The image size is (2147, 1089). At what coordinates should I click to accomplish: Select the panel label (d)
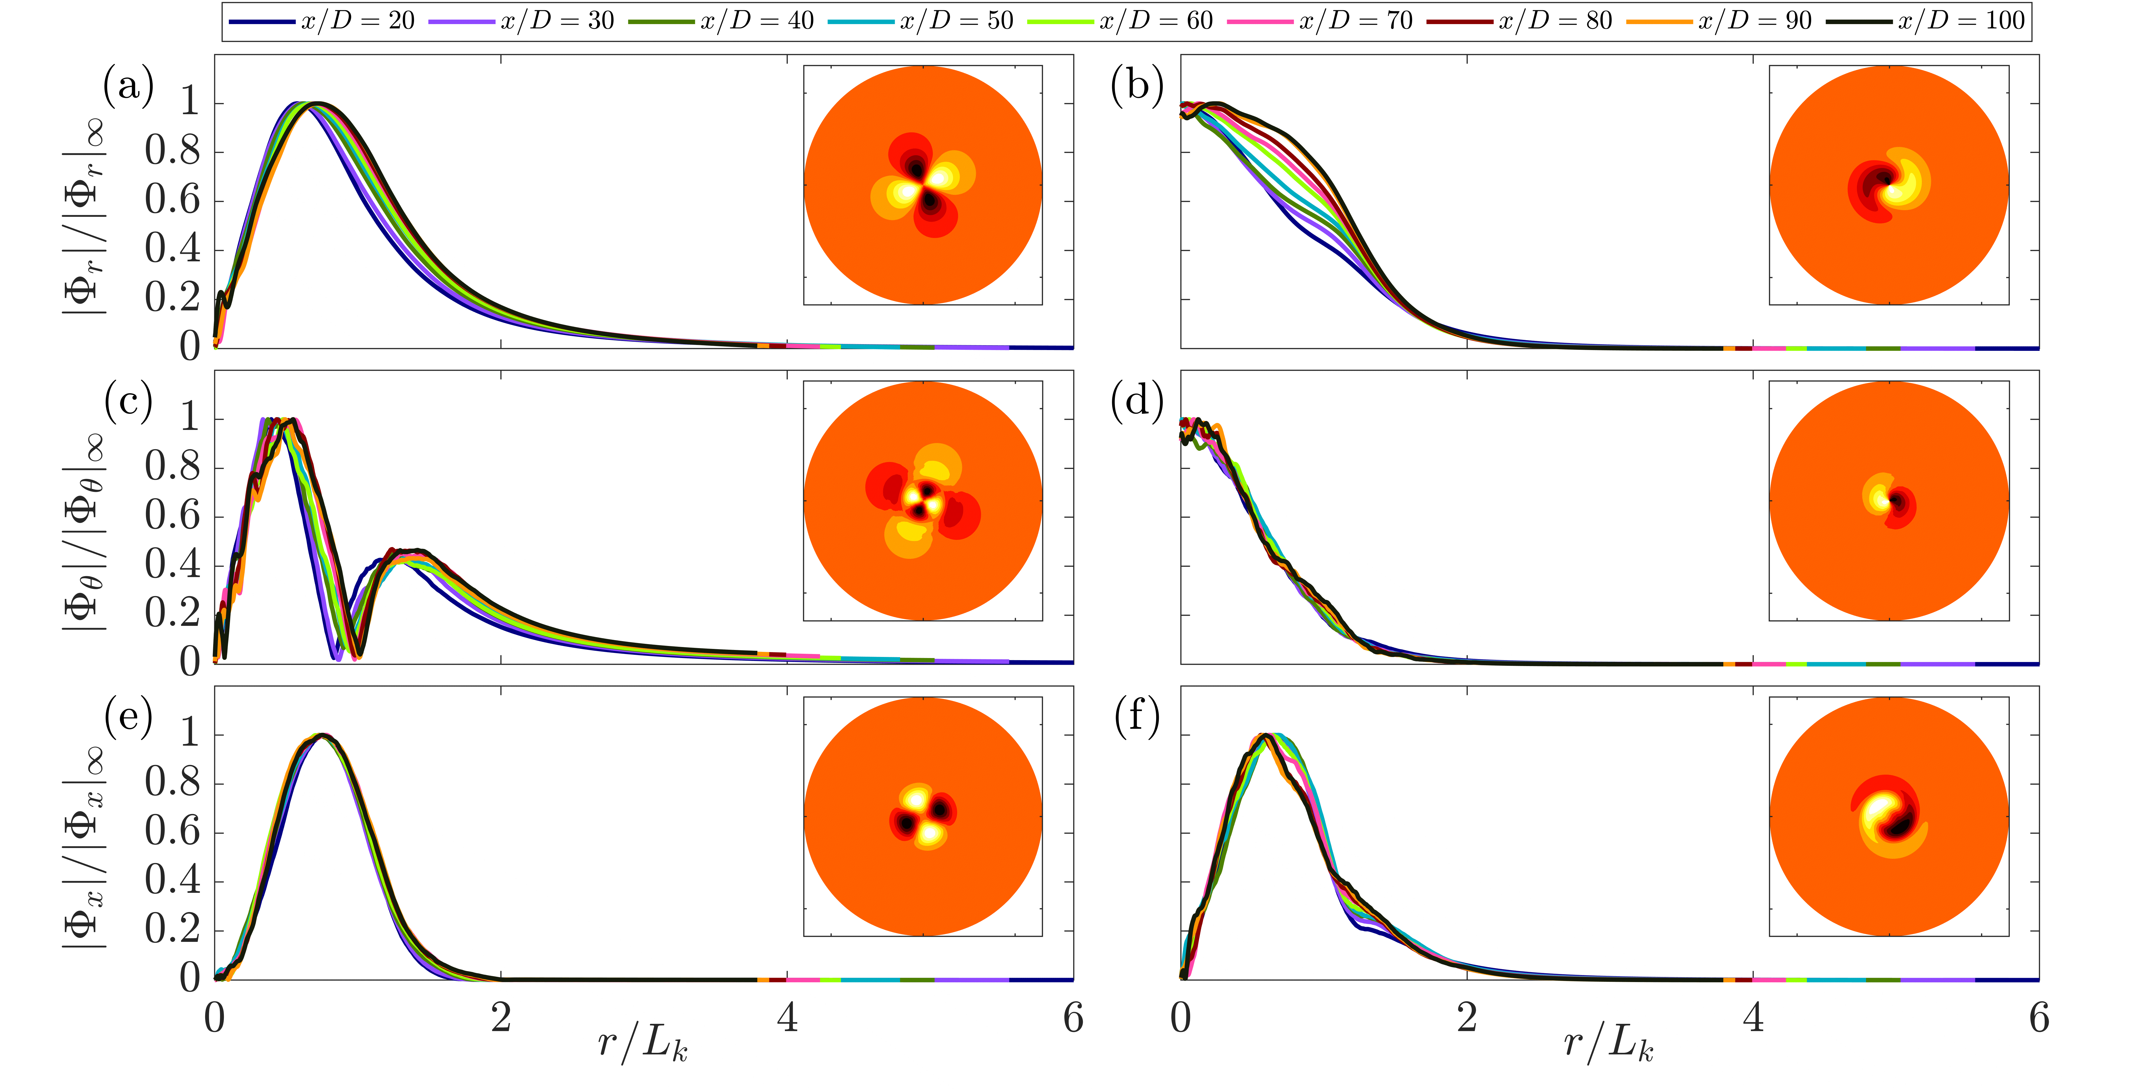pos(1137,401)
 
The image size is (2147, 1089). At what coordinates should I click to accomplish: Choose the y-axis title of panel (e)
pos(83,846)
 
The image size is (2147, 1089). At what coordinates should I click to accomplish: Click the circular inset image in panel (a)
pos(923,185)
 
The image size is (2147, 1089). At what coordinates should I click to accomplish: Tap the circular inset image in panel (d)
pos(1889,500)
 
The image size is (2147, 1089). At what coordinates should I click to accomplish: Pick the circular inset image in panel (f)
pos(1889,816)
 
